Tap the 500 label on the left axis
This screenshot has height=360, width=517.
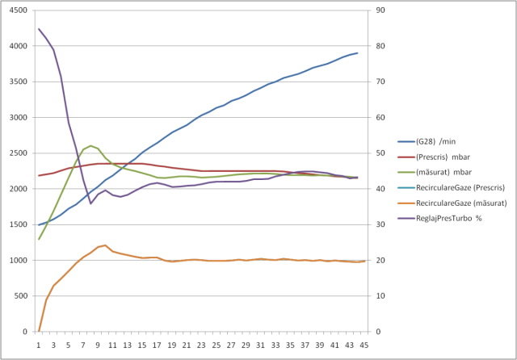[20, 296]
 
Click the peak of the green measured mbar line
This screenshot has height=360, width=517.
[91, 145]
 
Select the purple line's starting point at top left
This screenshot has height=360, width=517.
[39, 29]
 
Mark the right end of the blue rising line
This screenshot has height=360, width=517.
[357, 53]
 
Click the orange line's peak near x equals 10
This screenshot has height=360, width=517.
[105, 245]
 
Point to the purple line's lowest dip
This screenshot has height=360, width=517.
[90, 203]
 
